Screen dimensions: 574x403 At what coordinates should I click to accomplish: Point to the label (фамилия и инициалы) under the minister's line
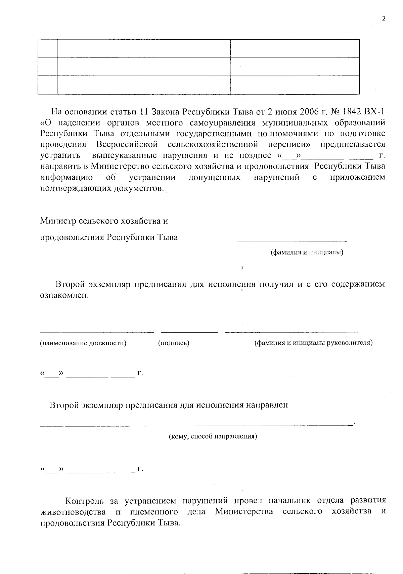tap(307, 252)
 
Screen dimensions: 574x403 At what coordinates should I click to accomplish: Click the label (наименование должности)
tap(83, 343)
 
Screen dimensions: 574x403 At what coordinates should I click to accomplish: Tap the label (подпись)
tap(174, 343)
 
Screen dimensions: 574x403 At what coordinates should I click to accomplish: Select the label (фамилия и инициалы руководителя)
tap(313, 343)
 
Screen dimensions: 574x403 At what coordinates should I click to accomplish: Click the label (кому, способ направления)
tap(213, 437)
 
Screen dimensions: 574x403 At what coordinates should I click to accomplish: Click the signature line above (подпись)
tap(189, 332)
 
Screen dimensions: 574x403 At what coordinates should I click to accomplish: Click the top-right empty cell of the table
tap(295, 48)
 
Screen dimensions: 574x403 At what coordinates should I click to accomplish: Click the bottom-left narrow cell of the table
tap(47, 85)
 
